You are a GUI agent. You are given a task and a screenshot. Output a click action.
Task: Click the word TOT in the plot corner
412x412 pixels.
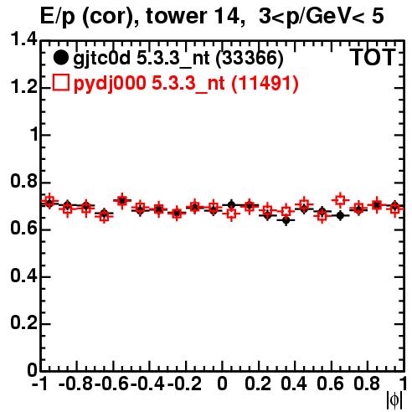tap(373, 58)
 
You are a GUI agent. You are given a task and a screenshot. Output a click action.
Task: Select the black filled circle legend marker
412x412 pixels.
tap(60, 58)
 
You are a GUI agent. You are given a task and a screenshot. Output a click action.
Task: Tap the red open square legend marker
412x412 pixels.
tap(60, 83)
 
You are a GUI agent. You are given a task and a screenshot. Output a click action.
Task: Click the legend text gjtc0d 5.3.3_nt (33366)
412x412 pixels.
tap(178, 59)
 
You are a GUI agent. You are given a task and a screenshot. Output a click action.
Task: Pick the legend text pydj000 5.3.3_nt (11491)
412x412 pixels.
tap(186, 84)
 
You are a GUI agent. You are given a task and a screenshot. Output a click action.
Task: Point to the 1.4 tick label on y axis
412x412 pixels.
tap(24, 39)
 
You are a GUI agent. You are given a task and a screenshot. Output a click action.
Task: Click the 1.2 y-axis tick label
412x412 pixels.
tap(24, 87)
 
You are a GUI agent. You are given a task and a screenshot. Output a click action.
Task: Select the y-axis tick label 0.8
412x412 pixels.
tap(24, 181)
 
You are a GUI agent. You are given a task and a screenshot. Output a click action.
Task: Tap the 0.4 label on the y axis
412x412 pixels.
tap(24, 276)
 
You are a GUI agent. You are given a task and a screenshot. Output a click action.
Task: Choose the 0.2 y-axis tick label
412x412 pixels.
tap(24, 323)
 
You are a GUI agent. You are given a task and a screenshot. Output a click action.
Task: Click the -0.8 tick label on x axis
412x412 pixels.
tap(75, 384)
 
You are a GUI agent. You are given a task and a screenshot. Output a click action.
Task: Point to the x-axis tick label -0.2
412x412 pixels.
tap(184, 384)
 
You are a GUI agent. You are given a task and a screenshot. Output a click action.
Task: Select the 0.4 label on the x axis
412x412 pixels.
tap(294, 384)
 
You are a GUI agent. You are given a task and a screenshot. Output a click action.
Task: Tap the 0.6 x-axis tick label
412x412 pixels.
tap(330, 384)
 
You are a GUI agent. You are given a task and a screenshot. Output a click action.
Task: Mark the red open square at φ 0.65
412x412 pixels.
tap(340, 200)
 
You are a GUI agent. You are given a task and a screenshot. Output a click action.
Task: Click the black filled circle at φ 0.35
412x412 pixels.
tap(286, 220)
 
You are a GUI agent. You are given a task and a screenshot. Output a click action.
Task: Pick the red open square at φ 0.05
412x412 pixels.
tap(231, 214)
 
